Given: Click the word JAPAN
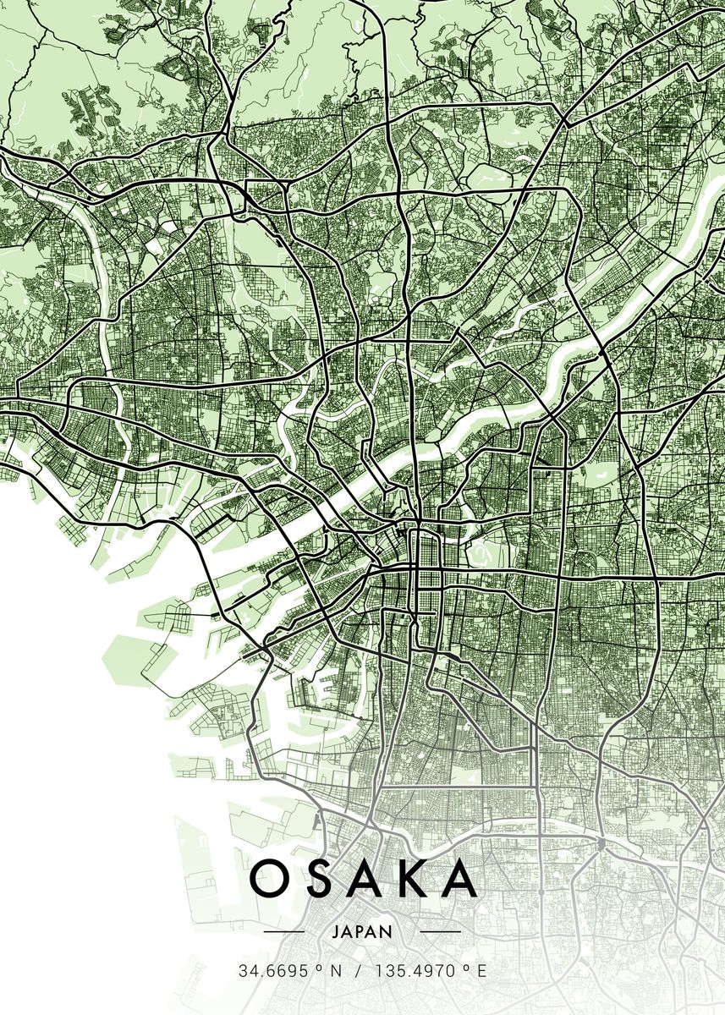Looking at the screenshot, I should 362,932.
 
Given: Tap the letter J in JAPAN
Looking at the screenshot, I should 336,932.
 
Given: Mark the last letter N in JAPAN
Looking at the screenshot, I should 387,932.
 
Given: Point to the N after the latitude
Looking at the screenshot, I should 335,971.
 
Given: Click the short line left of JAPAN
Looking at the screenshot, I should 283,932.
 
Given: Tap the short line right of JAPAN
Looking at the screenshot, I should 440,932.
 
